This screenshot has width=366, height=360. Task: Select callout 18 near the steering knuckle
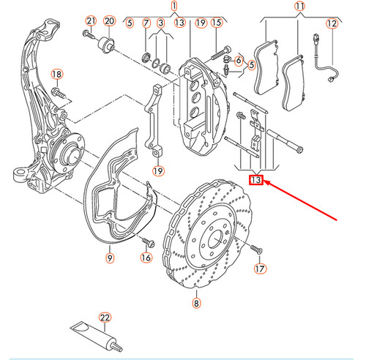(57, 74)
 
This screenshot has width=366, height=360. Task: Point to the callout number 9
(108, 257)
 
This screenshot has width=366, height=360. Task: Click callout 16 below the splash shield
(145, 257)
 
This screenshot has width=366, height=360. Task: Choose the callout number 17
(258, 269)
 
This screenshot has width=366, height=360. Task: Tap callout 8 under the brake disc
(196, 302)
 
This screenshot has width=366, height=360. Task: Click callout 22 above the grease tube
(105, 317)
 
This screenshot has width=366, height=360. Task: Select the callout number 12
(331, 23)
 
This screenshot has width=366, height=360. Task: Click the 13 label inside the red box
(255, 180)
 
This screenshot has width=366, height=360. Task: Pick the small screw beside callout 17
(257, 249)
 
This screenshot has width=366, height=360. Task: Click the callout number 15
(216, 23)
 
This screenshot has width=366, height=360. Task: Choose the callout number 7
(146, 23)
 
